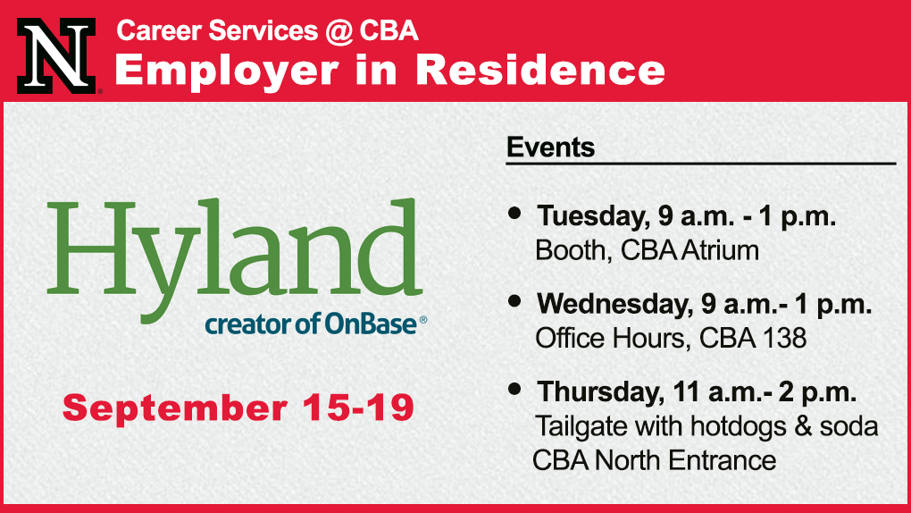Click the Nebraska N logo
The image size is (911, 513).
click(56, 55)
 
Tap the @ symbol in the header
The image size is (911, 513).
click(338, 30)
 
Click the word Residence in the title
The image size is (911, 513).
click(540, 70)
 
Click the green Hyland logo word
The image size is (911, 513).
click(235, 261)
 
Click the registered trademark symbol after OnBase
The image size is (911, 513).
click(423, 319)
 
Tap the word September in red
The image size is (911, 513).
click(175, 409)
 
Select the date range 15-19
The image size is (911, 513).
click(358, 408)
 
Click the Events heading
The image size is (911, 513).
click(550, 147)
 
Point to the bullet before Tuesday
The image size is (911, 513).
click(514, 213)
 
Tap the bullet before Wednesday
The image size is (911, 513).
click(514, 301)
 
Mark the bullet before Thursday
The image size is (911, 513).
click(514, 389)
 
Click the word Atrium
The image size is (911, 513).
click(721, 250)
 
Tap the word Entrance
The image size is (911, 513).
click(723, 460)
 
